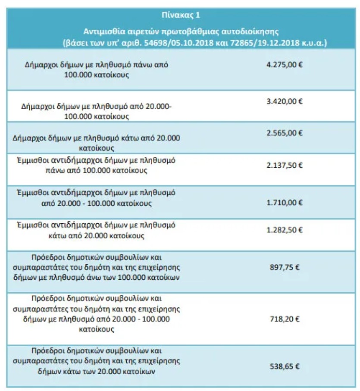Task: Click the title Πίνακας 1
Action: (x=181, y=15)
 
